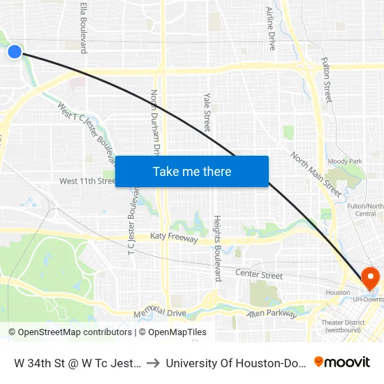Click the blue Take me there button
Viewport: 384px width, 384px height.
192,171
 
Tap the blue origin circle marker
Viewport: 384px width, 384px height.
15,51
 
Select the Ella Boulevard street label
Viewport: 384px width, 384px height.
84,27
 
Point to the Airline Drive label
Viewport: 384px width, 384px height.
271,29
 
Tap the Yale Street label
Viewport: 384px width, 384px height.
207,112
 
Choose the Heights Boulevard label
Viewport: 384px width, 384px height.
218,248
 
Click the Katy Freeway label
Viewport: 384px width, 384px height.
175,239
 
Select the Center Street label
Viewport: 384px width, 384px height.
258,275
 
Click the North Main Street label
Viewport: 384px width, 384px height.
316,175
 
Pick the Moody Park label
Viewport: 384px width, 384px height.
345,161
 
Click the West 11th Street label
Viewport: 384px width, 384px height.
87,182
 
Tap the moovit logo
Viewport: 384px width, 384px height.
342,362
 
